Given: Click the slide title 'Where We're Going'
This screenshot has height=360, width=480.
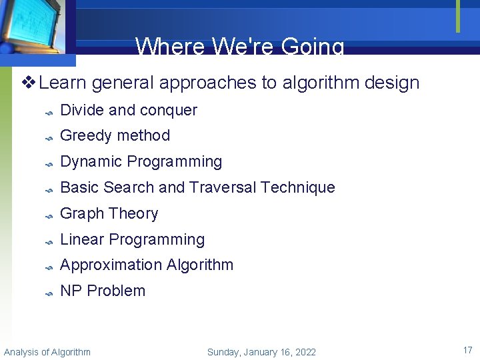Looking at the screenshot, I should click(x=240, y=47).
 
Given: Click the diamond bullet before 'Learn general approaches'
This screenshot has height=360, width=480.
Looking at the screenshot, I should click(x=29, y=83).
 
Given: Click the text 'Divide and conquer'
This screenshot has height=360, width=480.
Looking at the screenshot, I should click(x=129, y=110).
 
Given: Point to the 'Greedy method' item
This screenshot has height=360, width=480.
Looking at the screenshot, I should click(x=115, y=135).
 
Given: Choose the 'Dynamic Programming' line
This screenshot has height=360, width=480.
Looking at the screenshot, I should click(x=141, y=161).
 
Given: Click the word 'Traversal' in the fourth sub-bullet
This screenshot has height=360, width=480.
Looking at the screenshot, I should click(x=222, y=187).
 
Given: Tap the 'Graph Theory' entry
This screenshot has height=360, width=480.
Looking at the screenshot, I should click(x=109, y=213).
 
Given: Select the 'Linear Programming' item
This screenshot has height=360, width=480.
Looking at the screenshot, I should click(x=132, y=239).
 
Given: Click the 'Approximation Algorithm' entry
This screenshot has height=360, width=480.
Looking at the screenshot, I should click(x=147, y=265).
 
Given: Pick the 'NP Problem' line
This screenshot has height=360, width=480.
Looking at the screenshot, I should click(x=103, y=291).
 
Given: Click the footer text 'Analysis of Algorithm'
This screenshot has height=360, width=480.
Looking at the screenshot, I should click(x=47, y=352).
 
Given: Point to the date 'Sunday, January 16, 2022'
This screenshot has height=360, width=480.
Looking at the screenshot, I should click(x=261, y=352).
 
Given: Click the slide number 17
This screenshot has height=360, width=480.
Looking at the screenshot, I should click(x=467, y=349).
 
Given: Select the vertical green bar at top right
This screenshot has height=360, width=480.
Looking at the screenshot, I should click(x=458, y=16).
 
